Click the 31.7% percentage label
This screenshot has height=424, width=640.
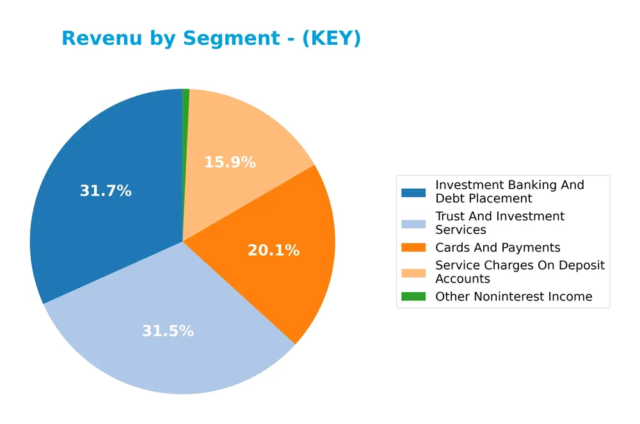tap(106, 191)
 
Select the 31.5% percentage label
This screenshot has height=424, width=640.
tap(168, 331)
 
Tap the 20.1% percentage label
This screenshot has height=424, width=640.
tap(273, 250)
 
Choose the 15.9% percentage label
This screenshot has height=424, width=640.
tap(230, 163)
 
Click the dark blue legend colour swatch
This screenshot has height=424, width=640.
tap(413, 192)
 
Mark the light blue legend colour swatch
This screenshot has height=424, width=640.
tap(413, 224)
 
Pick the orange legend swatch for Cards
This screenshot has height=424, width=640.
tap(413, 248)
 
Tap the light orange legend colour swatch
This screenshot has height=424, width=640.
tap(413, 272)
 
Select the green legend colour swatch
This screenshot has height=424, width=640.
tap(413, 297)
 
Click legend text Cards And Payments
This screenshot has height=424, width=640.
tap(497, 248)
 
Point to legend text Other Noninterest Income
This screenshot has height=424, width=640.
tap(513, 297)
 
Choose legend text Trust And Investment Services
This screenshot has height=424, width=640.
tap(499, 223)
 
